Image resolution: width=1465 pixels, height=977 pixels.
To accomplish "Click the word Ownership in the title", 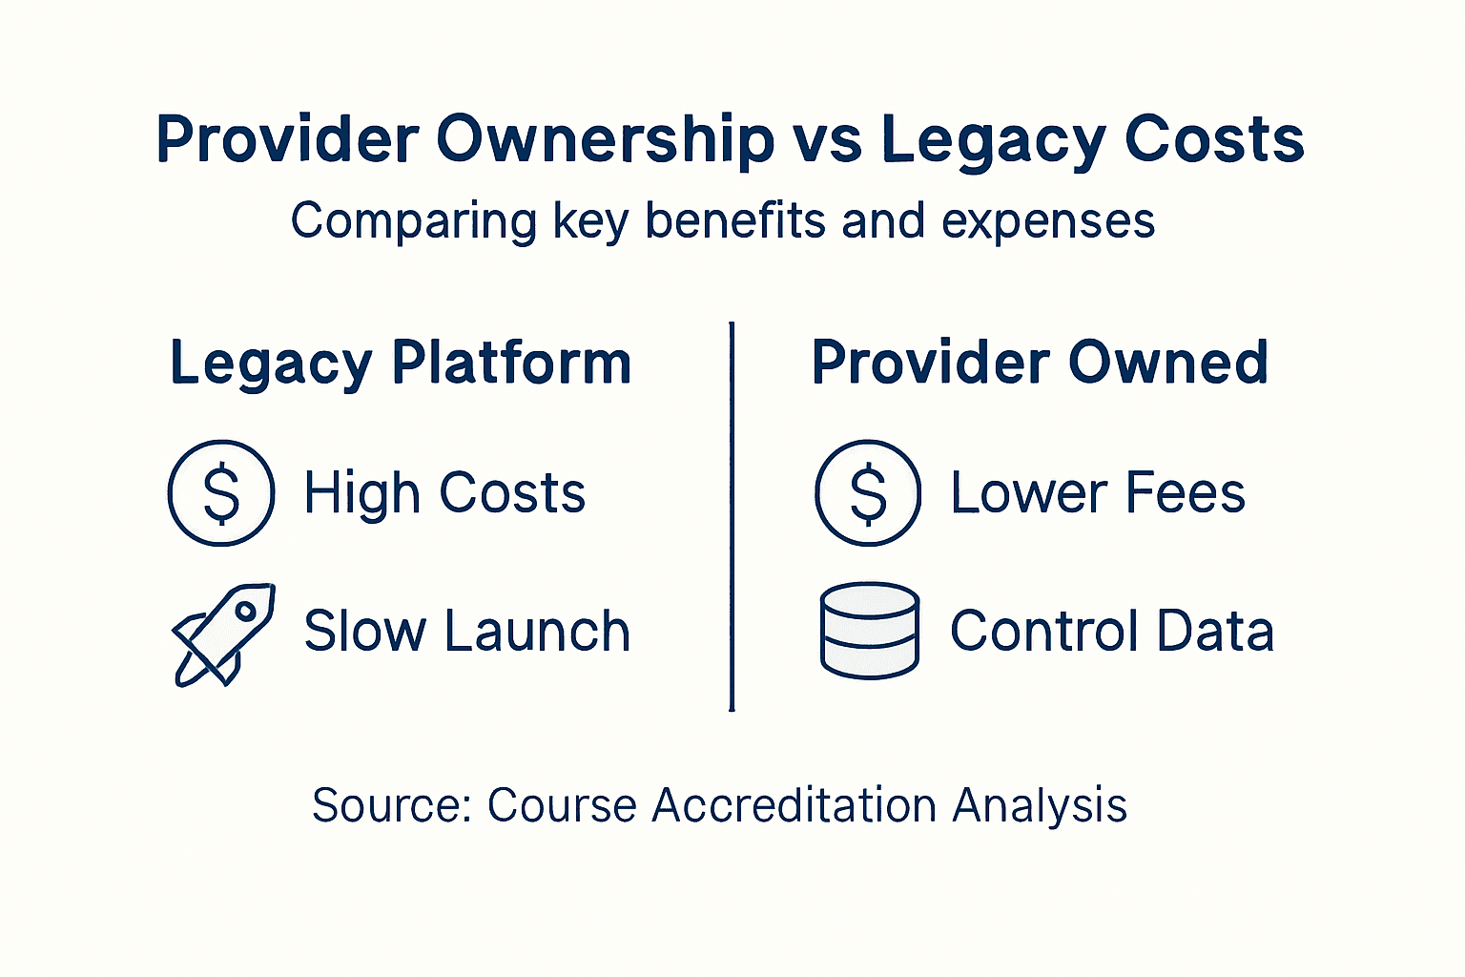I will pos(605,140).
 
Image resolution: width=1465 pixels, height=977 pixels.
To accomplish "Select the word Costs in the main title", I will pos(1214,140).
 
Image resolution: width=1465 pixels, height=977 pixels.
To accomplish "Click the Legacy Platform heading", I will pos(401,364).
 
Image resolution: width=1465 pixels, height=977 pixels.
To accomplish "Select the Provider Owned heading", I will pos(1040,363).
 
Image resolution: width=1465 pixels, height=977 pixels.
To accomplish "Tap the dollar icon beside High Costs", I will pos(221,493).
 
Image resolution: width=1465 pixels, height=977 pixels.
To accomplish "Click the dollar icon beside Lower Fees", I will pos(868,493).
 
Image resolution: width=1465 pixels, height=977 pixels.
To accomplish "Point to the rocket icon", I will pos(224,634).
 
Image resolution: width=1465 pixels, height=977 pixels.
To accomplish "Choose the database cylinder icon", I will pos(869,631).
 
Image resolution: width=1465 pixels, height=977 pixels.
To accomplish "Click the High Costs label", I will pos(444,493).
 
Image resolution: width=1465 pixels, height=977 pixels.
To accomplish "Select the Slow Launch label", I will pos(466,632).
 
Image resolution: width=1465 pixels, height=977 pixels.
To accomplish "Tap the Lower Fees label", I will pos(1098,493).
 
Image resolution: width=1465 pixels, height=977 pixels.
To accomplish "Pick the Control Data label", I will pos(1112,632).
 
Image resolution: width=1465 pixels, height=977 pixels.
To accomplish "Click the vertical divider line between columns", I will pos(732,516).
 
